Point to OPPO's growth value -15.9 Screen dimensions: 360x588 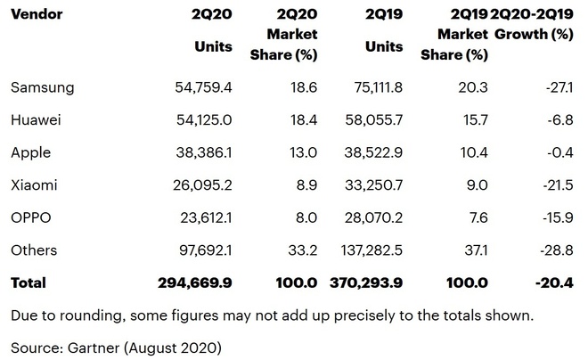[553, 217]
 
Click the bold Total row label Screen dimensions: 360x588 [28, 282]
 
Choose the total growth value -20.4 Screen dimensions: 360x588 [551, 282]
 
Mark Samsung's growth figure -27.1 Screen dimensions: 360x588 [555, 87]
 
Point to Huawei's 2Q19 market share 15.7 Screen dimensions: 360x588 [474, 120]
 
